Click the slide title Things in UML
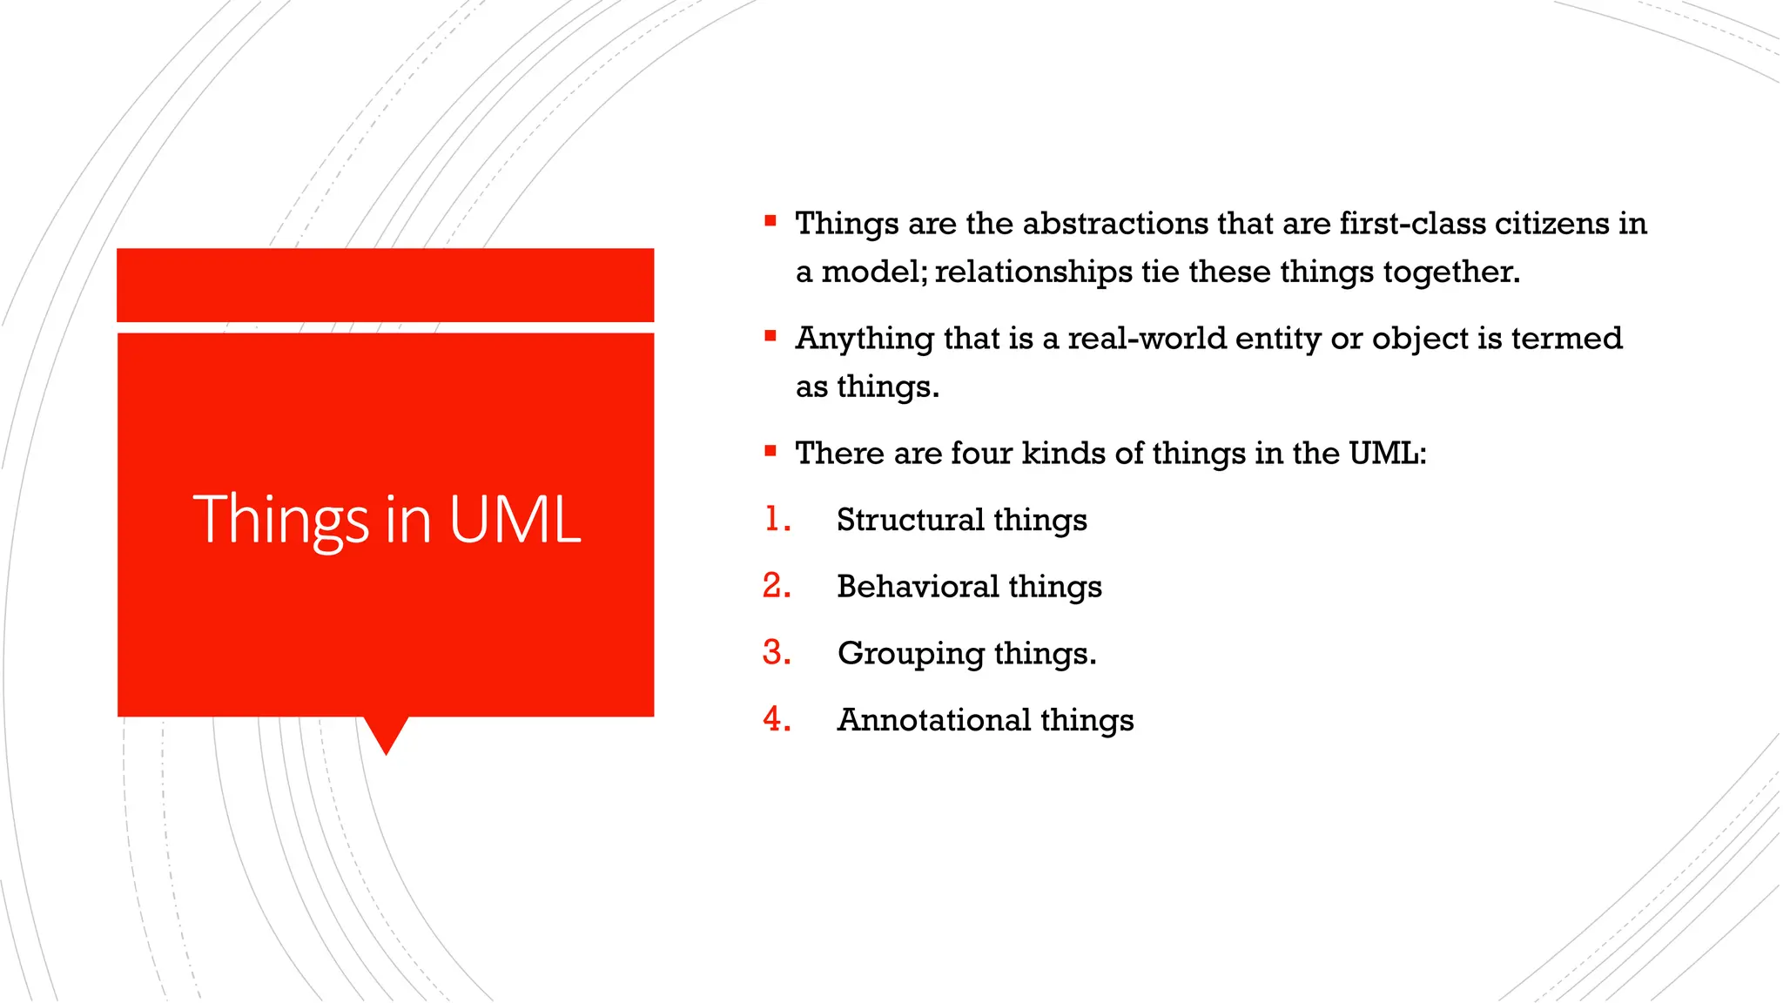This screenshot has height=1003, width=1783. point(387,520)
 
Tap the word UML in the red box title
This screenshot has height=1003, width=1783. point(515,520)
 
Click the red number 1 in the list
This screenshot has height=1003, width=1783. point(774,520)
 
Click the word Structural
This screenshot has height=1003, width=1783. point(910,520)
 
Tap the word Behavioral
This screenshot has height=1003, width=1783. point(918,587)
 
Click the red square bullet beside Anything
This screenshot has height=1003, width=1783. point(770,336)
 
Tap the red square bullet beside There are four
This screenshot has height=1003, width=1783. point(770,451)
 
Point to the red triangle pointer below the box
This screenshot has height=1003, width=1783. point(386,734)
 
